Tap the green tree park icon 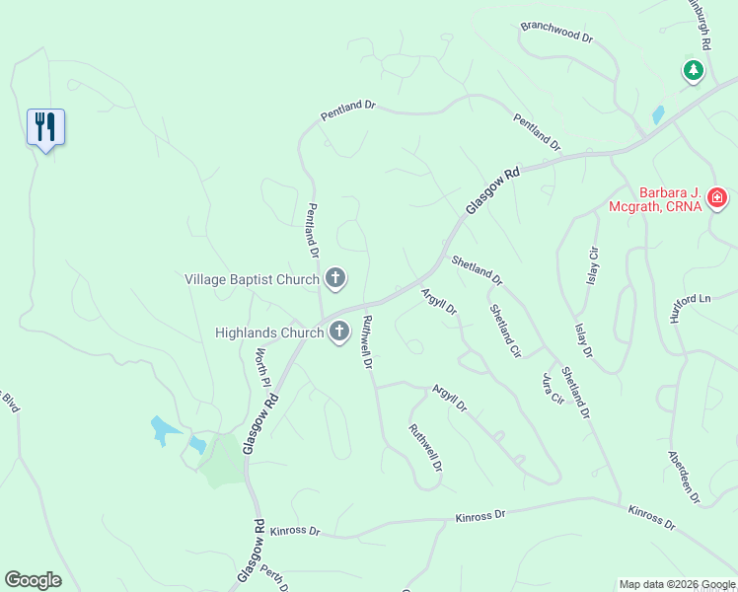(x=694, y=70)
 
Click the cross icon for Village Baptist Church (x=335, y=279)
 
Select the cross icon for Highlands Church (x=339, y=333)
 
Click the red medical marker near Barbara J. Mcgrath (x=717, y=199)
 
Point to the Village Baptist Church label (x=253, y=280)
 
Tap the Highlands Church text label (x=269, y=333)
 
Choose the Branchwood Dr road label (x=556, y=32)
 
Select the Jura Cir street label (x=552, y=390)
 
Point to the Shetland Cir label (x=505, y=330)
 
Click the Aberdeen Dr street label (x=683, y=479)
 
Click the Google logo (x=33, y=580)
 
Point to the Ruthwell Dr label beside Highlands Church (x=366, y=342)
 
